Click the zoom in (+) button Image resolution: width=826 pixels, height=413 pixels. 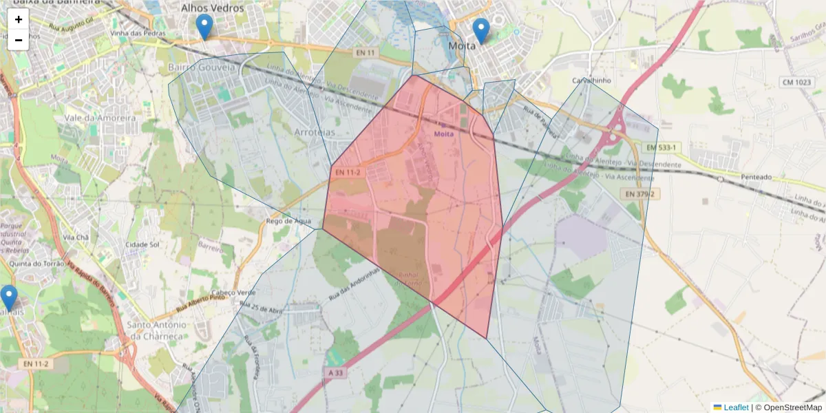tap(19, 19)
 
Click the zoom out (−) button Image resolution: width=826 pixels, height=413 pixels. tap(19, 40)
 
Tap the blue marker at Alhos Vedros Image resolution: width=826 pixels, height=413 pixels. tap(204, 27)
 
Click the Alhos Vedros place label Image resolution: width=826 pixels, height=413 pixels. tap(212, 8)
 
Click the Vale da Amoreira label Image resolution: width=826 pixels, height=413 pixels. tap(100, 118)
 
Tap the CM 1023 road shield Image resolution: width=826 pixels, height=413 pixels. tap(796, 83)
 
